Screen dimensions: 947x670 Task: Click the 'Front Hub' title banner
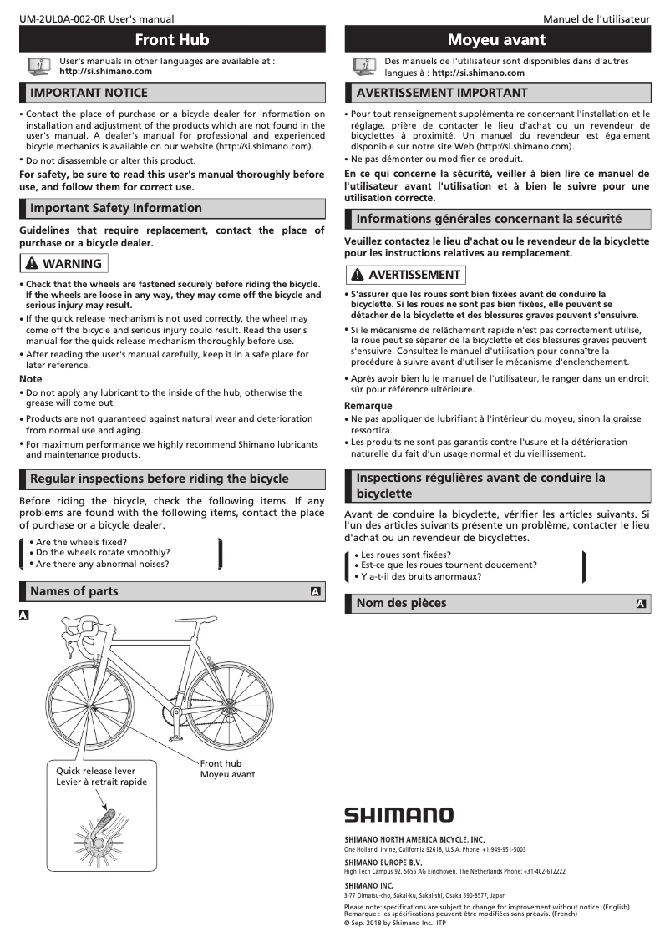(171, 39)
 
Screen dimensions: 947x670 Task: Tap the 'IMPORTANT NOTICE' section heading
(89, 92)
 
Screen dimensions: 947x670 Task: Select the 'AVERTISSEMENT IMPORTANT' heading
(442, 92)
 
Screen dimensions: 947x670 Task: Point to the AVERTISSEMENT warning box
(405, 274)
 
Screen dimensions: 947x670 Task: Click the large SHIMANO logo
(399, 814)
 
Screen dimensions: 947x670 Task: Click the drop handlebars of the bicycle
(81, 628)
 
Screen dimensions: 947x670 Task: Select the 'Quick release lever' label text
(95, 771)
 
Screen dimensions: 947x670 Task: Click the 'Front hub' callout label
(221, 763)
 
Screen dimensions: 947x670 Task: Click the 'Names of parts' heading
(74, 591)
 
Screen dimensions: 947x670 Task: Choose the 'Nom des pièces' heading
(401, 603)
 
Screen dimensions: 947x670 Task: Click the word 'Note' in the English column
(31, 379)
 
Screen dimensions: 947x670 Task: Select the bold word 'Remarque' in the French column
(368, 406)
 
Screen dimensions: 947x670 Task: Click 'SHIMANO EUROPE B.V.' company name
(383, 862)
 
